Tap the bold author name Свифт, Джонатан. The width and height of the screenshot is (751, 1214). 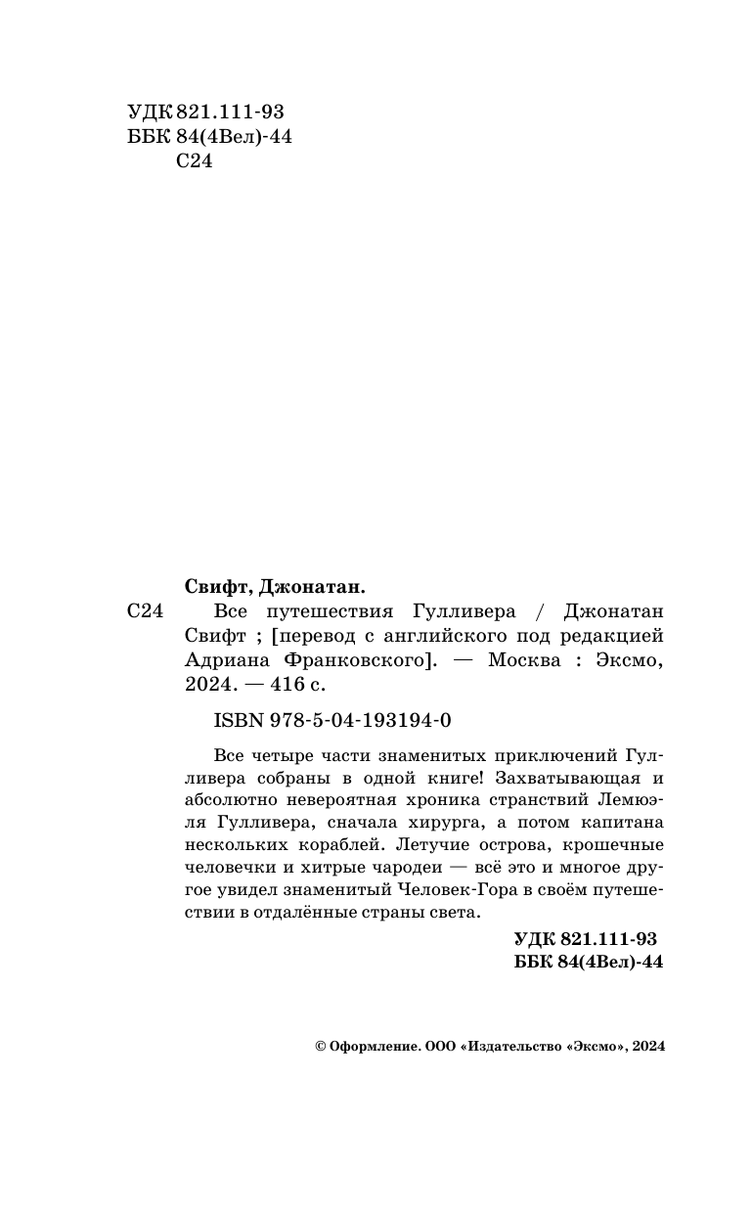click(x=274, y=586)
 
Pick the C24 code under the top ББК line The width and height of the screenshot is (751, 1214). click(x=193, y=162)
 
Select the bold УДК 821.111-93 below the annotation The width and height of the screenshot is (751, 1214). click(x=585, y=938)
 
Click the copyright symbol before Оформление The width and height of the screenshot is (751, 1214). click(x=320, y=1046)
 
